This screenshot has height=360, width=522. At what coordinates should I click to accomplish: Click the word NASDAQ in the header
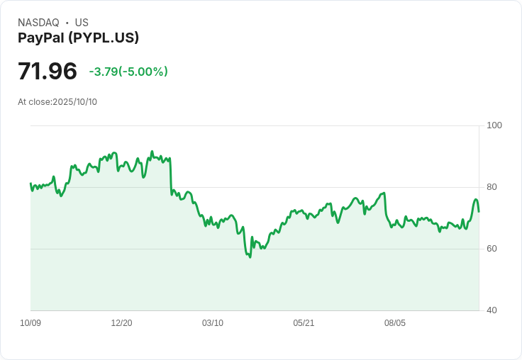tap(38, 23)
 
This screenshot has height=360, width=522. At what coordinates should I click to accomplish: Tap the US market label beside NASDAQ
tap(82, 23)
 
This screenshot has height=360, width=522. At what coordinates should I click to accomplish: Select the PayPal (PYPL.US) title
tap(78, 38)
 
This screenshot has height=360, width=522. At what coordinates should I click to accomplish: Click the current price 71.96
tap(48, 72)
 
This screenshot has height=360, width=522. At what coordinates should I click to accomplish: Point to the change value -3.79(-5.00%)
tap(128, 72)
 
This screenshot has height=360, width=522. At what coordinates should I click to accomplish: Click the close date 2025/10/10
tap(75, 102)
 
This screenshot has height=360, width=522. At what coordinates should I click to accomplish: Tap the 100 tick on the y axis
tap(494, 125)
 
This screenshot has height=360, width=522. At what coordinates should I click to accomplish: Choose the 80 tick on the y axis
tap(492, 187)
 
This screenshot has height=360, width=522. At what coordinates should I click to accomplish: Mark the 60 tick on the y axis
tap(492, 249)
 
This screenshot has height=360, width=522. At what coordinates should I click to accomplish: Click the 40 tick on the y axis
tap(492, 310)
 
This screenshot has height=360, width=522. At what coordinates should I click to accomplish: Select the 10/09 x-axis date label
tap(30, 323)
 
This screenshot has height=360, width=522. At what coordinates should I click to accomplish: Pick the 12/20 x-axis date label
tap(121, 323)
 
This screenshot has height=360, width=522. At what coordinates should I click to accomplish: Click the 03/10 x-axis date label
tap(213, 323)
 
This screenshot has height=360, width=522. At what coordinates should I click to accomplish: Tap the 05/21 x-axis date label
tap(304, 323)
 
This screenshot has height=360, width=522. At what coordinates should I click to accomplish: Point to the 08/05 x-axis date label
tap(395, 323)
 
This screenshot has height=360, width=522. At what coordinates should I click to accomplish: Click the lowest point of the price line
tap(250, 257)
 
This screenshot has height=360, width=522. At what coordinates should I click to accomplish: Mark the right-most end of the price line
tap(479, 211)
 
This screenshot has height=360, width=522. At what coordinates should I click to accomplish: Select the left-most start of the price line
tap(30, 184)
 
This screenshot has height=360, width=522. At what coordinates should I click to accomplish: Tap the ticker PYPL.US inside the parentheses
tap(107, 38)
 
